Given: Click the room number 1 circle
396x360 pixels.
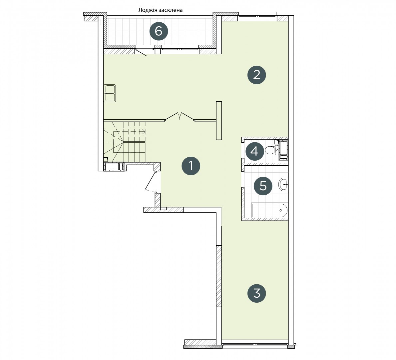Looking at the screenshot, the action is [x=191, y=166].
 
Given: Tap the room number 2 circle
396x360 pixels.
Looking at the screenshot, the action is [x=256, y=75].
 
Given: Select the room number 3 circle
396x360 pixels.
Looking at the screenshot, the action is [x=256, y=293].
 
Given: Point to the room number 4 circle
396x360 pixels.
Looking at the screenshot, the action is [x=254, y=151].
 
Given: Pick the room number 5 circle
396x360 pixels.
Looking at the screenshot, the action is [x=263, y=186].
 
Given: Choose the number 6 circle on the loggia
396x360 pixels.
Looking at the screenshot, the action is [x=159, y=31].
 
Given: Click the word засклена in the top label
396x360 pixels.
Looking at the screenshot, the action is [x=171, y=10].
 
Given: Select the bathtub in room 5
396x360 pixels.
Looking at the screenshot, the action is [x=269, y=210].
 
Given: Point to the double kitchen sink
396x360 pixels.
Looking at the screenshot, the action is [x=110, y=93].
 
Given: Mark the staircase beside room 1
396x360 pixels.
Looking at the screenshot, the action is [x=125, y=142].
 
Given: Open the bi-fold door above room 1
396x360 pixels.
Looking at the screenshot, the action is [x=180, y=117].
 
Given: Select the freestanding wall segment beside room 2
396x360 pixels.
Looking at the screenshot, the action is [x=219, y=121].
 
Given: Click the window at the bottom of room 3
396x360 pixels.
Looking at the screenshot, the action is [x=255, y=344].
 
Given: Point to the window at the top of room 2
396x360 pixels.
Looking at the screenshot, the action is [x=257, y=16].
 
